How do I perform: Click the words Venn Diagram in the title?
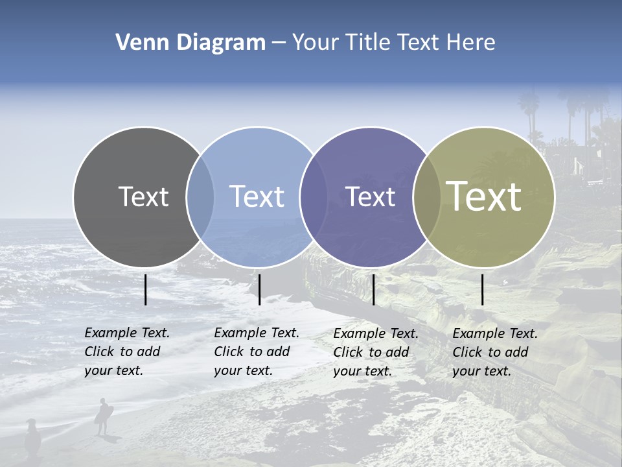click(190, 43)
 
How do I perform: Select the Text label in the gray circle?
click(143, 197)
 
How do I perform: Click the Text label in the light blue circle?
click(257, 197)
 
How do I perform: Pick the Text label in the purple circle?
click(370, 197)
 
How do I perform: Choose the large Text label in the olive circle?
click(484, 197)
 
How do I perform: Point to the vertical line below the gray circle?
click(146, 289)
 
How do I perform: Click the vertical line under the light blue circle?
click(259, 289)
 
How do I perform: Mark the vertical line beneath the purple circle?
click(374, 289)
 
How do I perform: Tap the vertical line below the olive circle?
click(483, 289)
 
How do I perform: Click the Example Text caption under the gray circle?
click(127, 352)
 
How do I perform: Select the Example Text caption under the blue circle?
click(257, 352)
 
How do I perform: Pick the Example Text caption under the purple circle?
click(376, 352)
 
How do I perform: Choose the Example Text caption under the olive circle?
click(495, 352)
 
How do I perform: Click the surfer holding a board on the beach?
click(103, 416)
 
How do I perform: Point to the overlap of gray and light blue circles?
click(200, 197)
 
